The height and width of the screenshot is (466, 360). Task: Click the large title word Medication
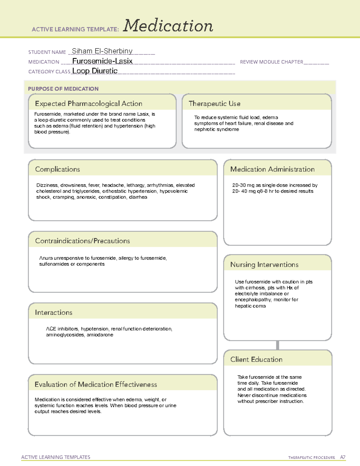168,26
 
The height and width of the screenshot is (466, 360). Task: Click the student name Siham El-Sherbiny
102,51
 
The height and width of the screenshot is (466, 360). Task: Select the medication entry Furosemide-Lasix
102,61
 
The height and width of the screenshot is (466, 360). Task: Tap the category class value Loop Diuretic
95,71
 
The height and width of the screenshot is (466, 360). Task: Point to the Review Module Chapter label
271,62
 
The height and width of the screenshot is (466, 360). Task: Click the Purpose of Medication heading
63,89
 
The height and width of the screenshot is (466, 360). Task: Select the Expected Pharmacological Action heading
88,104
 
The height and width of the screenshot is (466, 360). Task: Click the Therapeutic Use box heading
214,104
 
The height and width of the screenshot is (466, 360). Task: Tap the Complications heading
57,169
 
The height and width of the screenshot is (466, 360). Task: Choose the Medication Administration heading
272,169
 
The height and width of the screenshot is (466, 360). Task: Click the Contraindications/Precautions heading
82,241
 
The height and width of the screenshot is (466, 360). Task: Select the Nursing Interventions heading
264,265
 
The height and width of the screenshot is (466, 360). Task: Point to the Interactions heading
53,313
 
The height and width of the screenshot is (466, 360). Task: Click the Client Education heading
256,359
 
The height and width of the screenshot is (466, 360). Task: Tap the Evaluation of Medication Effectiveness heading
96,384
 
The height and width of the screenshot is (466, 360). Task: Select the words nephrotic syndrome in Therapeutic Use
217,129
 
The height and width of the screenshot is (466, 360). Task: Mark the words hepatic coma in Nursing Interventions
250,306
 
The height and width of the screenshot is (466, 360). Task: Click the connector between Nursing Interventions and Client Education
277,345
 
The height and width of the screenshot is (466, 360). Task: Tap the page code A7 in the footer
343,457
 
